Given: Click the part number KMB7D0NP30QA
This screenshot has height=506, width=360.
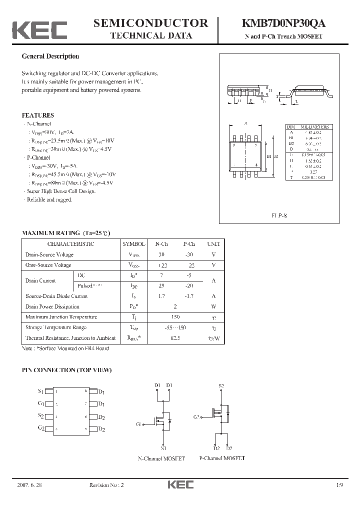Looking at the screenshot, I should point(284,23).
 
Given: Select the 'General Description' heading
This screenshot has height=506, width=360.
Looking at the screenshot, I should point(50,56).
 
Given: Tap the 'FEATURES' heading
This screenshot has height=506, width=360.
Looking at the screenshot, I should point(38,115).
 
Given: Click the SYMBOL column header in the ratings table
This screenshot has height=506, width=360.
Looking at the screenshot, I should point(134,244).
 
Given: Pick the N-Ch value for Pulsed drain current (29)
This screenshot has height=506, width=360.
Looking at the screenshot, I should point(161,285).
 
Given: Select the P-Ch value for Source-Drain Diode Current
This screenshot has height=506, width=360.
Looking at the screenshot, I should point(189,296).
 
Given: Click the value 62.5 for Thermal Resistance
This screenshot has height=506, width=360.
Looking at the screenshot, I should point(175,338).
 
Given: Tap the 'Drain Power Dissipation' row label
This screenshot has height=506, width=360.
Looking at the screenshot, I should point(52,306).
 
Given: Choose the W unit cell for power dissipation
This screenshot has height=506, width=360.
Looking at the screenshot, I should point(213,306).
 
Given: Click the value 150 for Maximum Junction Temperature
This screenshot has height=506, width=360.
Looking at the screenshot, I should point(175,317).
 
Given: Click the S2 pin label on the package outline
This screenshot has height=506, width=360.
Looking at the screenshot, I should point(41,416).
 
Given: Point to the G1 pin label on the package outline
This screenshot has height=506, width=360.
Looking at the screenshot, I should point(41,403).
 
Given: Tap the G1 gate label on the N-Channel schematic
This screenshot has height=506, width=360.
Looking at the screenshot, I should point(138,424).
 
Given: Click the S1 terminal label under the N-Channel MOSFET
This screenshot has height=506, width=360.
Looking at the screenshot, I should point(163,448).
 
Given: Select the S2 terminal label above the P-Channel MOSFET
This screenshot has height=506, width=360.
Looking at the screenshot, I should point(221,385).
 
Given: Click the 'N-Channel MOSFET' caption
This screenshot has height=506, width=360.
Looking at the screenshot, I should point(161,458).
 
